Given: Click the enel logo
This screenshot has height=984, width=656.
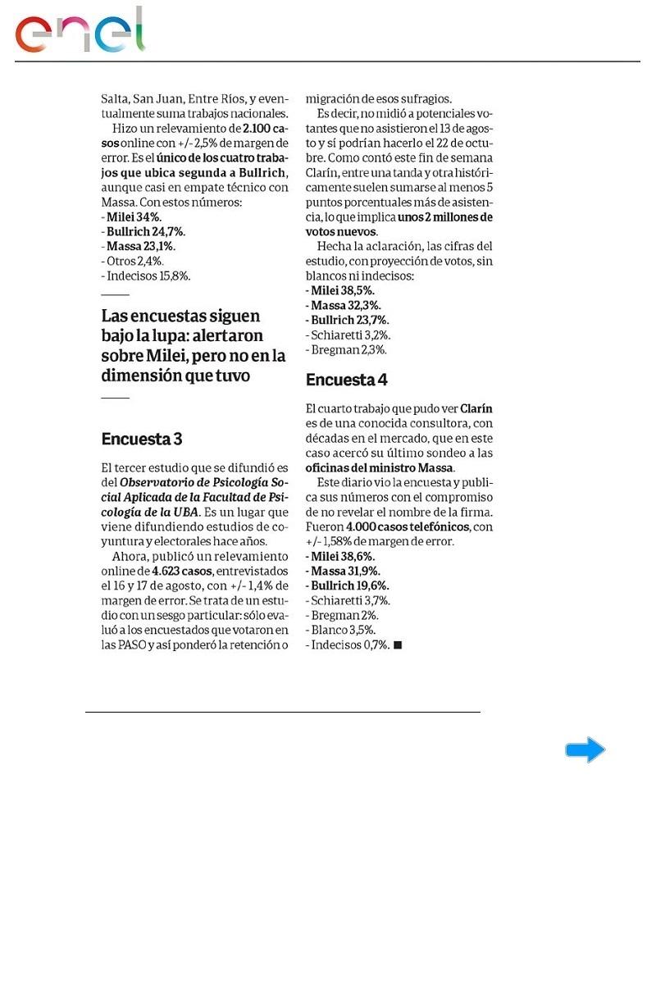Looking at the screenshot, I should tap(80, 31).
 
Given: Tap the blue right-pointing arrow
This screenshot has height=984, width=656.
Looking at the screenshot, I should tap(585, 749).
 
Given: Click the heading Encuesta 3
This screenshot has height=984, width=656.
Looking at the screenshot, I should tap(142, 440).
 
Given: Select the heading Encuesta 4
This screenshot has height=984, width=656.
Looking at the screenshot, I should tap(346, 380).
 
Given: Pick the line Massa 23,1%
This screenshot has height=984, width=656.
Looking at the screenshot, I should tap(140, 247).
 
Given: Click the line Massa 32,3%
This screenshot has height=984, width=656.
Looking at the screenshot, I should tap(343, 306).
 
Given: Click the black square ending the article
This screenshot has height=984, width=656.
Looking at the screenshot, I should tap(398, 645).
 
